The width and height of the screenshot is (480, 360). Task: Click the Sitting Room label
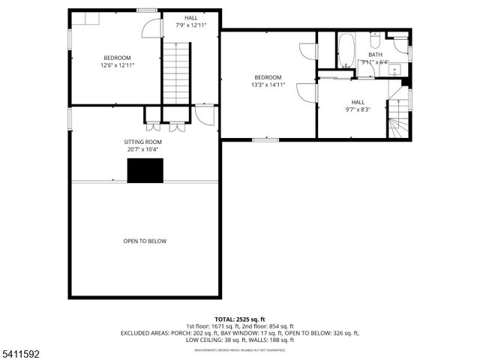[x=142, y=142]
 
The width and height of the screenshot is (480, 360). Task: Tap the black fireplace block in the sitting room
[x=145, y=171]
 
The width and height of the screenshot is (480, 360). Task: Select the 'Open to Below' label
[x=145, y=241]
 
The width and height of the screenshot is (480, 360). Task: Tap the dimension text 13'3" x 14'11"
[x=268, y=85]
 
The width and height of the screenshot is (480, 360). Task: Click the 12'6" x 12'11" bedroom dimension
[x=117, y=65]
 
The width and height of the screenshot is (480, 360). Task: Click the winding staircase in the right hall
[x=399, y=124]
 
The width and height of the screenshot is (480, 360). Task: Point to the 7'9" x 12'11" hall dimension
[x=191, y=25]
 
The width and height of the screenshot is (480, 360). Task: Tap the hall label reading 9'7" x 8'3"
[x=358, y=109]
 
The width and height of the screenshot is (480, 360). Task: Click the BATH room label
[x=375, y=55]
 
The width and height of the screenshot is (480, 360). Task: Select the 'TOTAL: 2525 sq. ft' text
[x=240, y=319]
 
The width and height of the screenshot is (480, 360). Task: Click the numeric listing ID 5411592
[x=20, y=352]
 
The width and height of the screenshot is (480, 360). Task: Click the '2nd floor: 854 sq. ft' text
[x=266, y=326]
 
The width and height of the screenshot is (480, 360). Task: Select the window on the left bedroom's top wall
[x=147, y=10]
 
